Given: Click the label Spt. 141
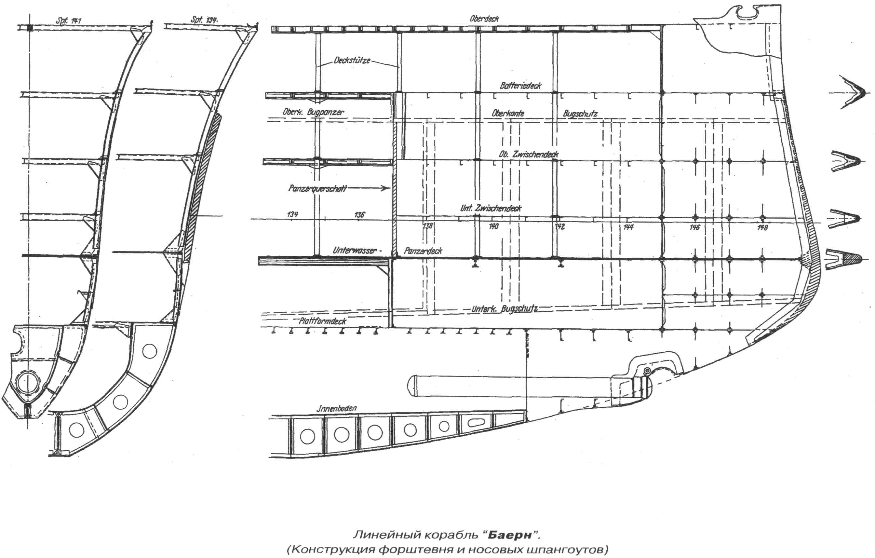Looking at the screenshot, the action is (68, 21).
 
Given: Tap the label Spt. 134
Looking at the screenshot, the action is (204, 20).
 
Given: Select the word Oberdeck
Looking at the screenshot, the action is (484, 19).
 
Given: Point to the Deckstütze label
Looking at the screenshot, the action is (352, 60).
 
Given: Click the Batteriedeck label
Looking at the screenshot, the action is (520, 86).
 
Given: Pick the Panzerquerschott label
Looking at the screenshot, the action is (317, 189).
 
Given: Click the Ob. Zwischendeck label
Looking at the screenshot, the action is (529, 155).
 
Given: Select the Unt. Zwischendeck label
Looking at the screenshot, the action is (491, 208).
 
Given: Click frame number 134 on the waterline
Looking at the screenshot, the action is (292, 214).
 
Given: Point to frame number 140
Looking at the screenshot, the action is (493, 226).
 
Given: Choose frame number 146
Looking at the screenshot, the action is (694, 227).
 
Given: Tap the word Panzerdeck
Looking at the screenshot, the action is (423, 251).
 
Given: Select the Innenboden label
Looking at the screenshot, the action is (336, 408).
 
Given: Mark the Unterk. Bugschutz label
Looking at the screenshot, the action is (505, 309).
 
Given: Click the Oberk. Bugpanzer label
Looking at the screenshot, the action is (313, 112).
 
